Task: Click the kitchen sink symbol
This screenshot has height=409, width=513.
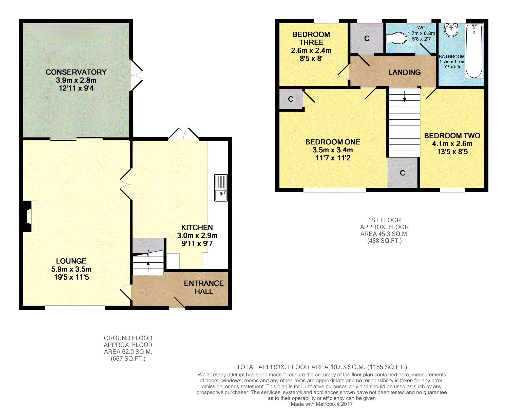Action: (221, 188)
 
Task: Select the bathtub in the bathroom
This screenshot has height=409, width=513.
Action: (474, 51)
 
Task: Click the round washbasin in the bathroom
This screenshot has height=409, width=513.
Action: (451, 30)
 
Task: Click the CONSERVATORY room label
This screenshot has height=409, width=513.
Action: (76, 72)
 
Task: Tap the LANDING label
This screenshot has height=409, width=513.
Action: (405, 72)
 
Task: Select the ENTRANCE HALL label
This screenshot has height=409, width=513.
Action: (204, 287)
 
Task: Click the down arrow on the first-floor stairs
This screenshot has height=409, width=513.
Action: (405, 96)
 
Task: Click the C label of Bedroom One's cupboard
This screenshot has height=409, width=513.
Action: (291, 99)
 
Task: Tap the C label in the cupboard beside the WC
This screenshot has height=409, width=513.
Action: (367, 39)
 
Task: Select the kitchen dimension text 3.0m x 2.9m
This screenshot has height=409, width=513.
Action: (197, 236)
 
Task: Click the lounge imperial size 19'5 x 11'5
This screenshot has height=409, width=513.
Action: (71, 277)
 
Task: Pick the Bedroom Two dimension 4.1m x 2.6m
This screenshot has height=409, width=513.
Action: (452, 144)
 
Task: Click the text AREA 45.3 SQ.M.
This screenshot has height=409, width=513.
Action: (385, 234)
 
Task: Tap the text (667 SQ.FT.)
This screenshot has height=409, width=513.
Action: (128, 359)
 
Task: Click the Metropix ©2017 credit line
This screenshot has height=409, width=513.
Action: (322, 404)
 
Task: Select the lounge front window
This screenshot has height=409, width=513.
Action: (75, 308)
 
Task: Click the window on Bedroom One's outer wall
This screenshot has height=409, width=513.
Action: (335, 190)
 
